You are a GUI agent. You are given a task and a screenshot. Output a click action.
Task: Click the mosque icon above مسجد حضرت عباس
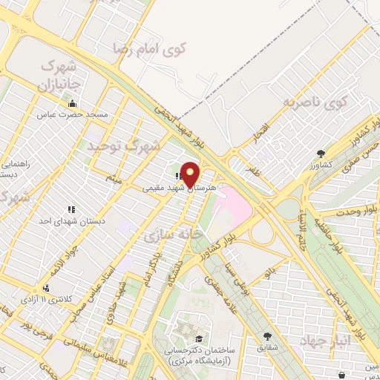pyautogui.click(x=82, y=104)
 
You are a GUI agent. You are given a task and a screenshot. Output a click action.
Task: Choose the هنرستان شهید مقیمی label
pyautogui.click(x=178, y=189)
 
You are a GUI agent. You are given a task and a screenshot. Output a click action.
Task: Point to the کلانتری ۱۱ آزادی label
pyautogui.click(x=47, y=298)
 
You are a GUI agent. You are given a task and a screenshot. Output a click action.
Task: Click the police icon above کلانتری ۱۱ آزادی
pyautogui.click(x=47, y=287)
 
